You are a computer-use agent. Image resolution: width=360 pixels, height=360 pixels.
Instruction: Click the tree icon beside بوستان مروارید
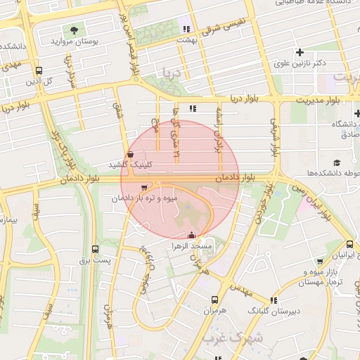pos(74,30)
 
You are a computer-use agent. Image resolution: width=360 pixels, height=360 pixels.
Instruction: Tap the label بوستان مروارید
pos(73,42)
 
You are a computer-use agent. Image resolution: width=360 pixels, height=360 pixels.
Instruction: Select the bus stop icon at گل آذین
pos(38,71)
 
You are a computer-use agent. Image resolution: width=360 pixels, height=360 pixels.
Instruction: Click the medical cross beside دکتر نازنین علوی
pos(300,52)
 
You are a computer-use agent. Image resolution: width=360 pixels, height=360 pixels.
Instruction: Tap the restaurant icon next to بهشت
pos(186,29)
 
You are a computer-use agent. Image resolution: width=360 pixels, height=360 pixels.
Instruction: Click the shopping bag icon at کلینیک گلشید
pos(129,155)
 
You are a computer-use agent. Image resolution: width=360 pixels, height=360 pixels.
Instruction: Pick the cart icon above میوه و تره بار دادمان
pos(144,188)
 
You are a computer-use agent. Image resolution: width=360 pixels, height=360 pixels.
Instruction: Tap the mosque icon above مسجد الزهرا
pos(192,236)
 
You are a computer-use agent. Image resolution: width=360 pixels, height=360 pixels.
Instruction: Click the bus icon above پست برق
pos(96,250)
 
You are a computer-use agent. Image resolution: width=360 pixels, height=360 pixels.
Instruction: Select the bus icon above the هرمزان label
pos(214,298)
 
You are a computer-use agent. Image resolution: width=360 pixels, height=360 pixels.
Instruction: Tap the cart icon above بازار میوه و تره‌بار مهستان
pos(321,261)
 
